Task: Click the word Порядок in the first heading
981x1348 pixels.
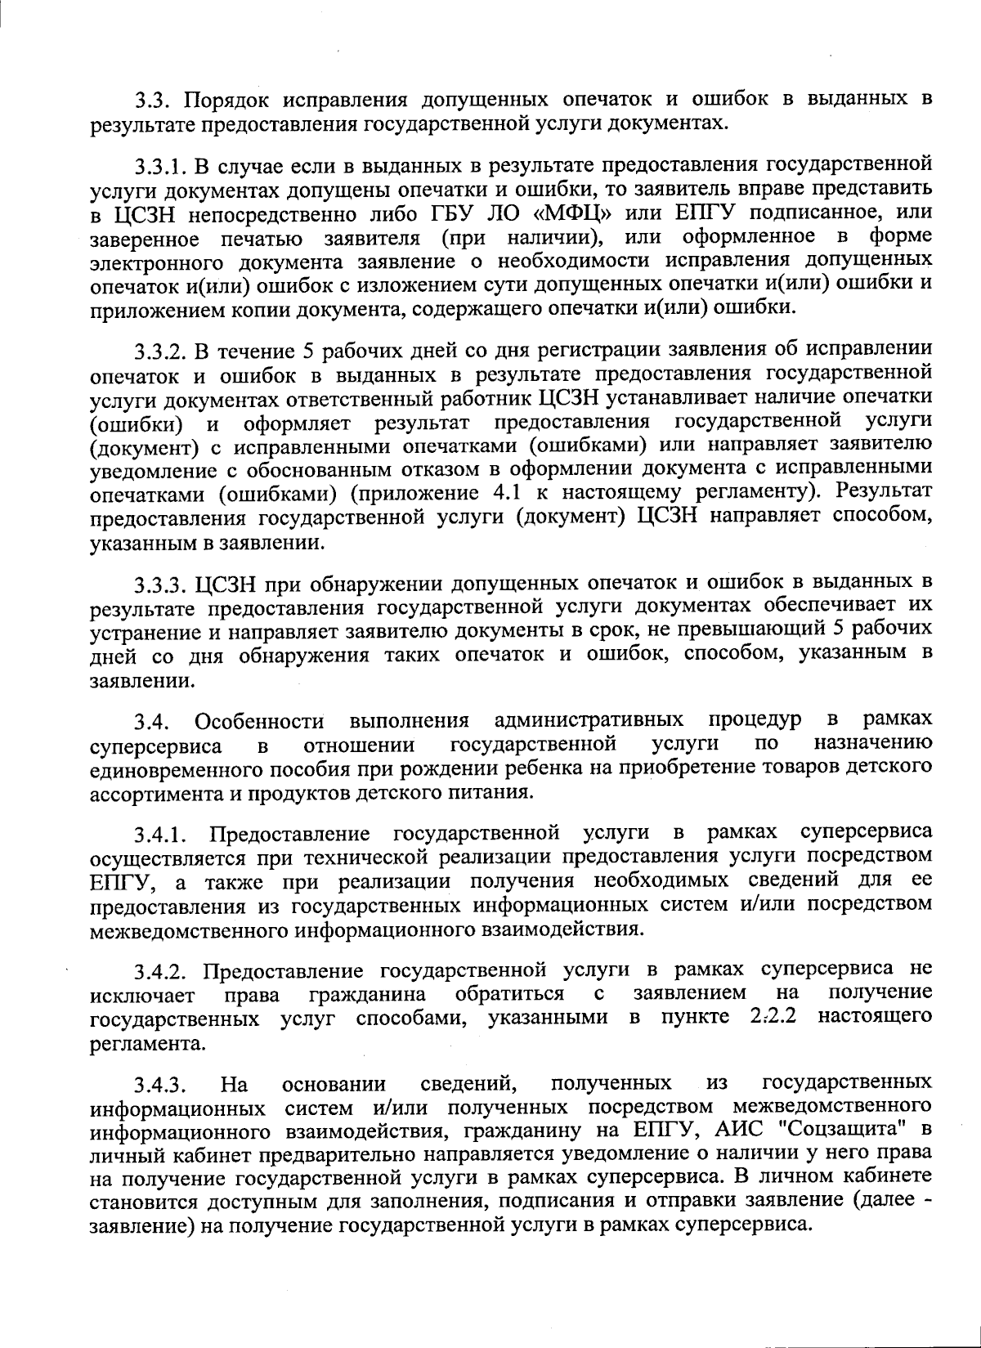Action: click(x=226, y=101)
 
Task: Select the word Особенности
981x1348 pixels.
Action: click(x=259, y=723)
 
